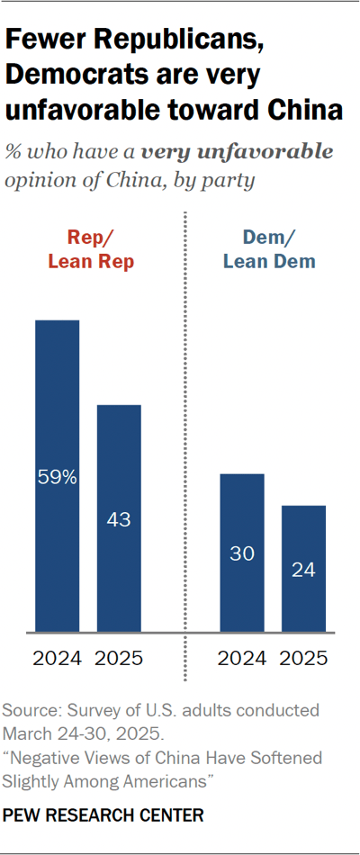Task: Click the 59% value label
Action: [58, 479]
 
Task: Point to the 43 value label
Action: [119, 521]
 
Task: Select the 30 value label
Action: [242, 554]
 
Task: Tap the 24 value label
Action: [303, 571]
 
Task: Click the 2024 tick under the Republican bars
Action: [58, 658]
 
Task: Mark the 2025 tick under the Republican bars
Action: [119, 658]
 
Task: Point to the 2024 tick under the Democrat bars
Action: [242, 658]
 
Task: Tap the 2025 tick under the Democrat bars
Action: [303, 658]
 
